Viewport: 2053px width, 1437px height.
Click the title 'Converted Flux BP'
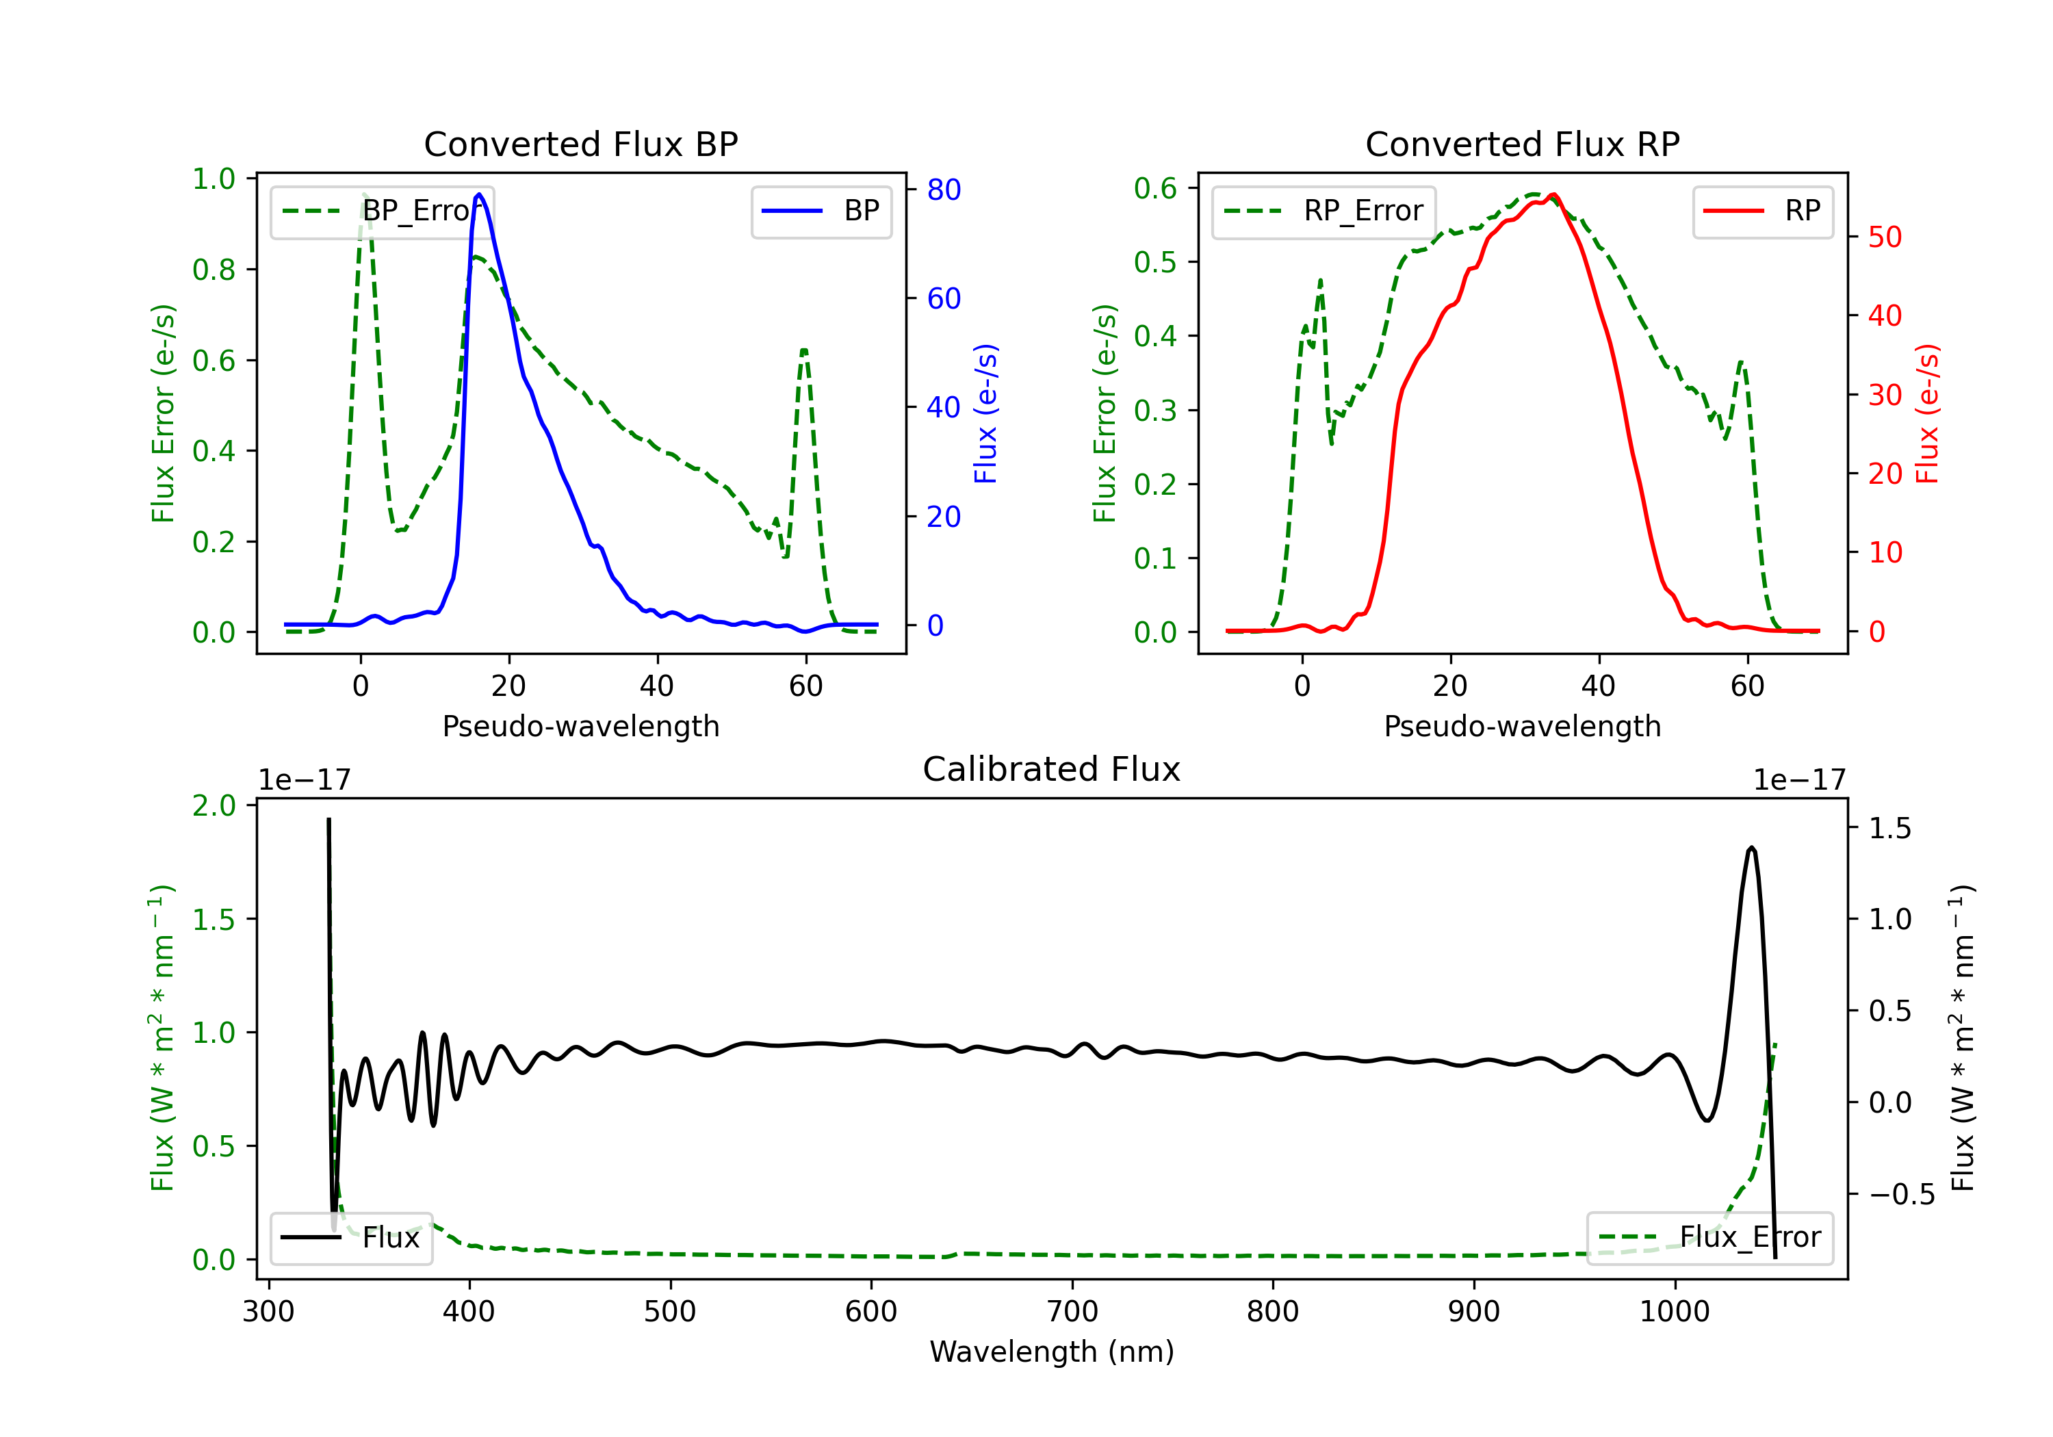pos(581,144)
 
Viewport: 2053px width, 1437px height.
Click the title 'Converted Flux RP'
pos(1523,144)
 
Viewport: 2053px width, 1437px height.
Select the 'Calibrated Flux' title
pos(1052,769)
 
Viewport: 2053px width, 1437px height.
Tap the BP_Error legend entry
pos(383,211)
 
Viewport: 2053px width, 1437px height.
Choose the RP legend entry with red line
pos(1762,211)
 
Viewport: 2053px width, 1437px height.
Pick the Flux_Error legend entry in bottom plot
pos(1709,1238)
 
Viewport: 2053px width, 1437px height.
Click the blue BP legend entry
pos(821,211)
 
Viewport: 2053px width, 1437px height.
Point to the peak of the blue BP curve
pos(479,194)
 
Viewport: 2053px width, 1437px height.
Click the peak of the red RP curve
pos(1554,195)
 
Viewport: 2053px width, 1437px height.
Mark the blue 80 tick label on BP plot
pos(944,190)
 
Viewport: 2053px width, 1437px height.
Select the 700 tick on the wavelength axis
pos(1072,1312)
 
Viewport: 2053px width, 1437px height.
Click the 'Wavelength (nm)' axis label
pos(1052,1351)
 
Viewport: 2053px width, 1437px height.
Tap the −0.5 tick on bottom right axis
pos(1902,1195)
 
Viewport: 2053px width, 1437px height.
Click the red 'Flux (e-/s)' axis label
pos(1928,413)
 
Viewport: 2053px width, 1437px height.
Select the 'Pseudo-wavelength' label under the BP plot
pos(581,726)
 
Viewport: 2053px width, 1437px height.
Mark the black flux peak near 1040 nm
pos(1752,847)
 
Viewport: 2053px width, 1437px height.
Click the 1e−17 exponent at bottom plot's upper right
pos(1800,781)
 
